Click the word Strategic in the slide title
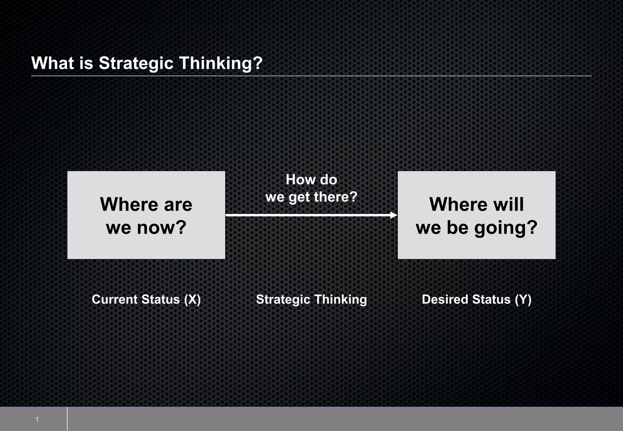coord(136,63)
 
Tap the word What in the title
coord(53,63)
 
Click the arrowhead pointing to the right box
coord(394,215)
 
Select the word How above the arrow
coord(297,180)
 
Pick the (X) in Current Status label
coord(192,300)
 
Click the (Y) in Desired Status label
coord(523,300)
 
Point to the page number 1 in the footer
coord(37,419)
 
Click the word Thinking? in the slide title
coord(221,63)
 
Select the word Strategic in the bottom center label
coord(283,300)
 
